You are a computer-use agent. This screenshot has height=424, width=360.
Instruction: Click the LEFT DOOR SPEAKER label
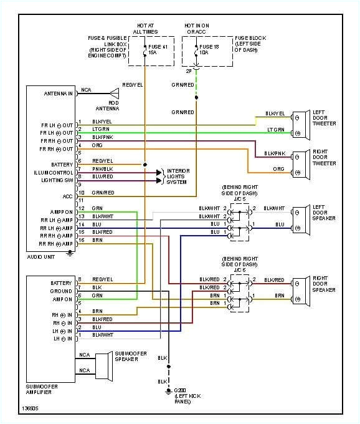pyautogui.click(x=324, y=213)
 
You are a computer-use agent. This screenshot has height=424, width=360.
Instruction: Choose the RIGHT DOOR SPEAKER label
pyautogui.click(x=324, y=285)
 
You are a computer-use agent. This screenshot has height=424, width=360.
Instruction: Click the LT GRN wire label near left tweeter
pyautogui.click(x=276, y=129)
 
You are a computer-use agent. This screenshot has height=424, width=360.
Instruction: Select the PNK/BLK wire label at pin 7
pyautogui.click(x=102, y=169)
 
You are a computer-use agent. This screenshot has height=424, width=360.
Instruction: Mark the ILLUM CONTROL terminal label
pyautogui.click(x=54, y=172)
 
